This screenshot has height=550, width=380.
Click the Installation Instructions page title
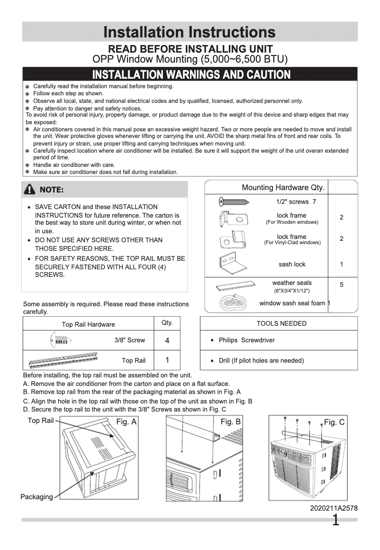(190, 32)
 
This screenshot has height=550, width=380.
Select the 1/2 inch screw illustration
(234, 202)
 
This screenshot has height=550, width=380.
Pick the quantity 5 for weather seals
(342, 285)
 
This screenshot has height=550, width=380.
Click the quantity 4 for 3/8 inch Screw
(167, 340)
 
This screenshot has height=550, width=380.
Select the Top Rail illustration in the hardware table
(63, 360)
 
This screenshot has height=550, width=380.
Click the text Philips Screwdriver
(246, 340)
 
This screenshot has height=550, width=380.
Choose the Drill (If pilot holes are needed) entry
(261, 360)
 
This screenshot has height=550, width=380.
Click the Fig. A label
(127, 422)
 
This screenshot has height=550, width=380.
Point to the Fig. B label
(231, 422)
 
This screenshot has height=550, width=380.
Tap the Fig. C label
(334, 422)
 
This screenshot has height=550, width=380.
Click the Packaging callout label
(36, 497)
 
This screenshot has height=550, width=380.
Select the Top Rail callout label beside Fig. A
(41, 421)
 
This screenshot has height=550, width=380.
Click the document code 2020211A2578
(334, 508)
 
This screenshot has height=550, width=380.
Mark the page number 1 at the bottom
(335, 521)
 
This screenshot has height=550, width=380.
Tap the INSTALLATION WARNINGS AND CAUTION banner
(191, 74)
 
